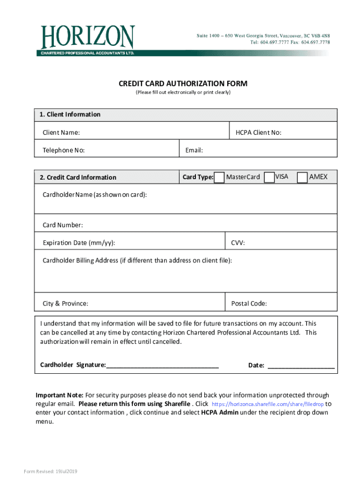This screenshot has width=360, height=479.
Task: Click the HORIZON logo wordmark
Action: click(88, 37)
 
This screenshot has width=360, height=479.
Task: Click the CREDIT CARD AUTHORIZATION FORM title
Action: click(183, 84)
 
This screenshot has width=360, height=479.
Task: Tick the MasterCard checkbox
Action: click(219, 177)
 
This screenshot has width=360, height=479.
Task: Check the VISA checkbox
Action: click(269, 177)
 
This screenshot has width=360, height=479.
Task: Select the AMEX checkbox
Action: click(302, 177)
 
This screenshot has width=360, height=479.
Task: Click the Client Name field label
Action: click(61, 133)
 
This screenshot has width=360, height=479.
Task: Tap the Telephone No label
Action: click(64, 150)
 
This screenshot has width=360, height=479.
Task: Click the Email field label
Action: click(194, 150)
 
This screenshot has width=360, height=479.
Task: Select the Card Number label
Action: click(63, 225)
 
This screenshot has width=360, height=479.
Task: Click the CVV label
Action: click(238, 243)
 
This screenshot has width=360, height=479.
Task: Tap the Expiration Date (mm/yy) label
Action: click(79, 243)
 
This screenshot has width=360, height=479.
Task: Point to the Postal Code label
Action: click(249, 304)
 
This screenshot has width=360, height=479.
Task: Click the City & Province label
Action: click(65, 304)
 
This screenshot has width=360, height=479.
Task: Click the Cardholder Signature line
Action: click(163, 366)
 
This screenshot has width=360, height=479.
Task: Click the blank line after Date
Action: click(301, 366)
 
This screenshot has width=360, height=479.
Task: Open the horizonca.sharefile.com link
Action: click(267, 404)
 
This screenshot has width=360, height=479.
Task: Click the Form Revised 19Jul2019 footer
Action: click(50, 471)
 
